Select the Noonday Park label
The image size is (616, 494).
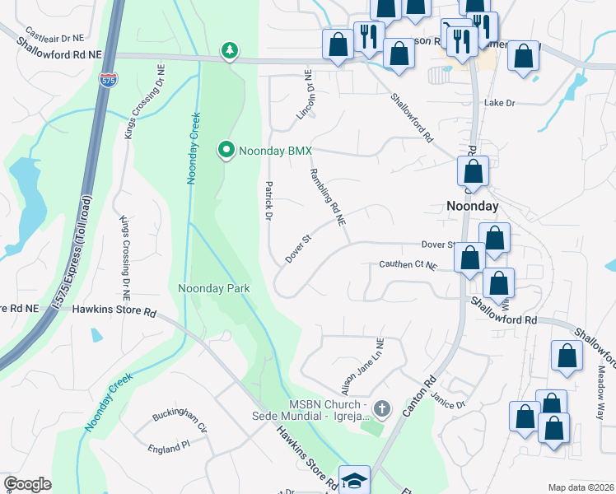tap(214, 288)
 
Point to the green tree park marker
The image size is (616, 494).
tap(231, 52)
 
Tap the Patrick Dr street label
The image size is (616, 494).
tap(268, 201)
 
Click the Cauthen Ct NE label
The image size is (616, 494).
tap(408, 265)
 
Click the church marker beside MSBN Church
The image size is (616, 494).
tap(380, 408)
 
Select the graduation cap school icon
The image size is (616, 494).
tap(354, 481)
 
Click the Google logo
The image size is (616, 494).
tap(27, 484)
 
